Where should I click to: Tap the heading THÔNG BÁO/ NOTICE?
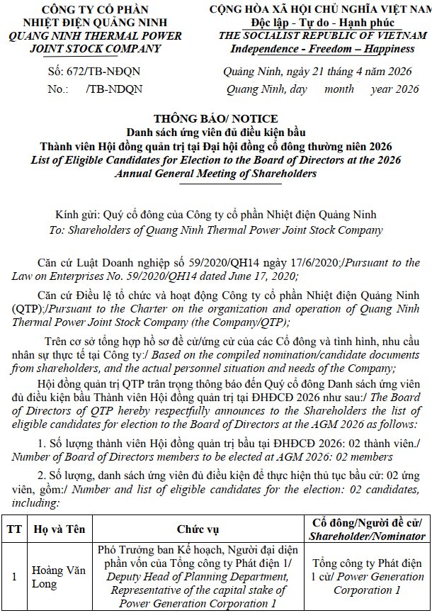[216, 119]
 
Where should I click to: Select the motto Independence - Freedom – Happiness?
[322, 49]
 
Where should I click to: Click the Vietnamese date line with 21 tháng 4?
[317, 72]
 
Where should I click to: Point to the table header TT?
[13, 529]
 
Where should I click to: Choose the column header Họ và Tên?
[56, 529]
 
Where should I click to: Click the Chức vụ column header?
[198, 529]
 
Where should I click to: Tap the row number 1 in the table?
[13, 577]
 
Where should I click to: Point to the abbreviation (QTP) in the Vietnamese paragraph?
[26, 310]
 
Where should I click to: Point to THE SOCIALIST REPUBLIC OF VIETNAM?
[322, 36]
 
